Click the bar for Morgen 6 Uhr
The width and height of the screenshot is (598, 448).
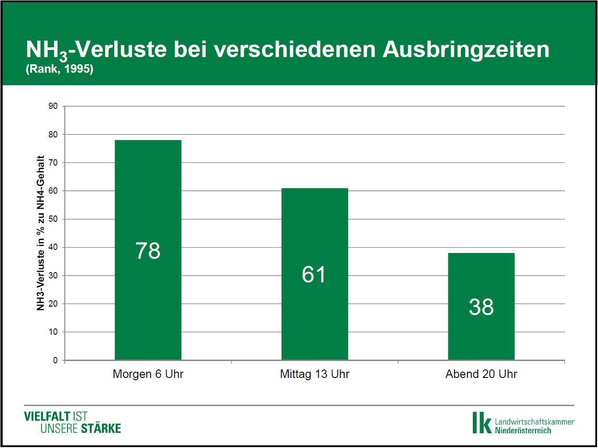[148, 201]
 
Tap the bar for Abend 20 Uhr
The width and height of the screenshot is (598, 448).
[481, 277]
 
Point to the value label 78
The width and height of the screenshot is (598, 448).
[148, 251]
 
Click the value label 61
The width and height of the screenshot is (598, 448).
[314, 274]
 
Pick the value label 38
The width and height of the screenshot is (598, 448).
[481, 307]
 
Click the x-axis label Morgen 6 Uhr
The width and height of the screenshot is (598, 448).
[148, 374]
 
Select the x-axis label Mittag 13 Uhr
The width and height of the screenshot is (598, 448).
[315, 374]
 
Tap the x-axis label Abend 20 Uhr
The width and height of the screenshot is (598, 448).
[481, 374]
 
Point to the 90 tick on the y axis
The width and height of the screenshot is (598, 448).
[53, 106]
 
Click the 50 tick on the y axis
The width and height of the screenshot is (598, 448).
[53, 219]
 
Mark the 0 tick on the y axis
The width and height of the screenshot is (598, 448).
[55, 361]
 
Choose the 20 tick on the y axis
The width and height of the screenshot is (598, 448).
[53, 304]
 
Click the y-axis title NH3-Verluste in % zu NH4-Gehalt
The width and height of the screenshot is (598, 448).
[41, 233]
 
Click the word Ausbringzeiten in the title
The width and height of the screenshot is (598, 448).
[466, 49]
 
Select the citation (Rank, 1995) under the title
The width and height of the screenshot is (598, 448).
[59, 70]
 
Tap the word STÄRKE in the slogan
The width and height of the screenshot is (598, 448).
[101, 429]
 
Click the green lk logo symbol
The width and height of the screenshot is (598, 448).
[481, 422]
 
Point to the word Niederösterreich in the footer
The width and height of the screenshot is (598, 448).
[523, 430]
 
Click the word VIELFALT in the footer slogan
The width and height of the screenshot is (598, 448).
[47, 417]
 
